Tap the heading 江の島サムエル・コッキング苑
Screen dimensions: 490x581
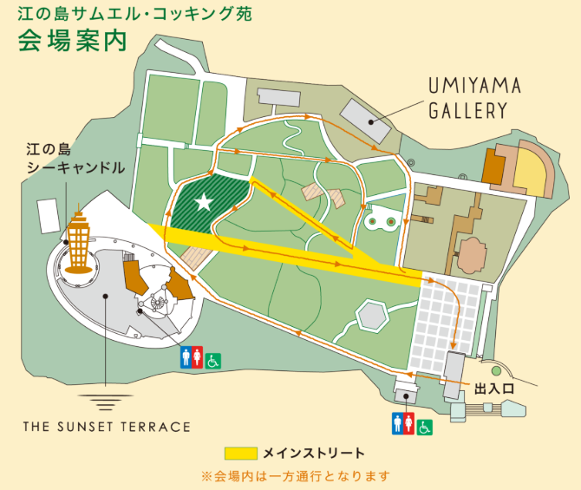[x=129, y=14]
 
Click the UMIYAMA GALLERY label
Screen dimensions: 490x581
[x=476, y=98]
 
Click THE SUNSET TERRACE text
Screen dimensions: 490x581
[x=107, y=427]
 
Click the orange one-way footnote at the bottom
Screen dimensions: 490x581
[x=295, y=476]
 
